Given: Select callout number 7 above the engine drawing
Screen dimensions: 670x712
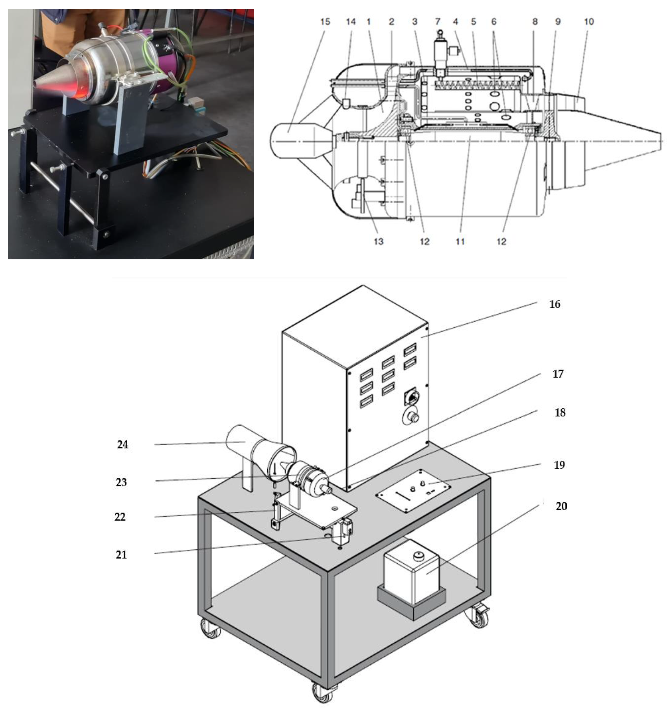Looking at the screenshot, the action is point(437,22).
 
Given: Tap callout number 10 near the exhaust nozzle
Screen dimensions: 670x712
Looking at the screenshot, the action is point(589,22).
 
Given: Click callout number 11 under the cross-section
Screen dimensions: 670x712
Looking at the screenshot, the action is point(460,241).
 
